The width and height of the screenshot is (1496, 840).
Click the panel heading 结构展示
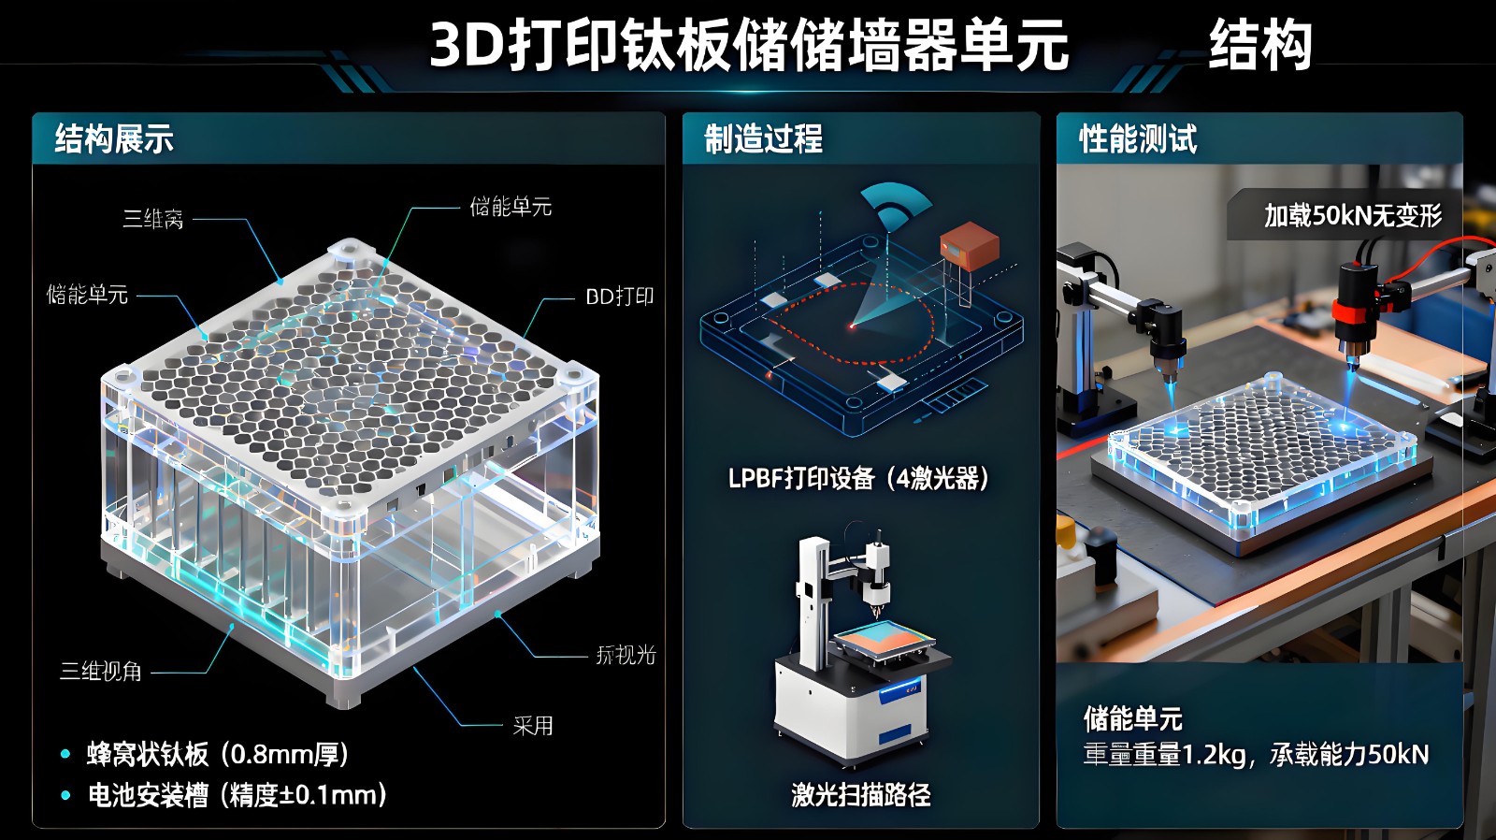[114, 139]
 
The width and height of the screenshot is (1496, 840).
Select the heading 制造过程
[763, 139]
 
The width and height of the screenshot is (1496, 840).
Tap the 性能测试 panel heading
[1137, 139]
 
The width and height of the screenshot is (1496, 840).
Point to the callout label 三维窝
[152, 220]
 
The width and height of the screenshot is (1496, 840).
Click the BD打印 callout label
[619, 297]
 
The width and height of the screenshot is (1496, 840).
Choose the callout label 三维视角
[101, 671]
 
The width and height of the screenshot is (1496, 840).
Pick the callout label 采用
[533, 725]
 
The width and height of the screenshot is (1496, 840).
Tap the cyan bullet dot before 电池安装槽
[65, 795]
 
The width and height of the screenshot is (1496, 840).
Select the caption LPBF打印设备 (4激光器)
[858, 479]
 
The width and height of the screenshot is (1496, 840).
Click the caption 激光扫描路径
[860, 795]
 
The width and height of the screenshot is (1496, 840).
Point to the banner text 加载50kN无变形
[1352, 216]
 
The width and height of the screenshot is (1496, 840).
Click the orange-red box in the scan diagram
[969, 245]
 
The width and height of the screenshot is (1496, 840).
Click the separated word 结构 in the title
[1260, 45]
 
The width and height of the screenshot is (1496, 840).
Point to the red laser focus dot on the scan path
[852, 326]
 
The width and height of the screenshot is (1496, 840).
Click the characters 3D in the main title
[467, 45]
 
